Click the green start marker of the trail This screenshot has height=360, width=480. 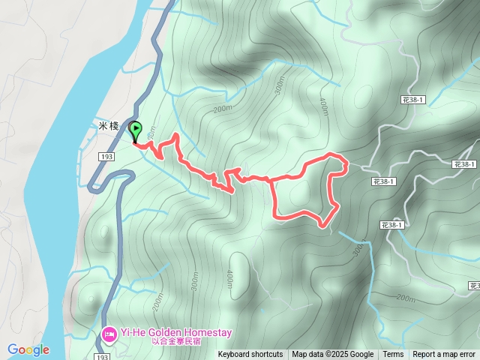tap(136, 130)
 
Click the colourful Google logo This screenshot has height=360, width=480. tap(28, 349)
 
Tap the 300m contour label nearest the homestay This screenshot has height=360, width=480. tap(196, 280)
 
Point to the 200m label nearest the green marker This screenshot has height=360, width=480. tap(222, 109)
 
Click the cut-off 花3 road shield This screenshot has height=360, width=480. tap(475, 286)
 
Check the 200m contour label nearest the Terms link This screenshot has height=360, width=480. tap(405, 298)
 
